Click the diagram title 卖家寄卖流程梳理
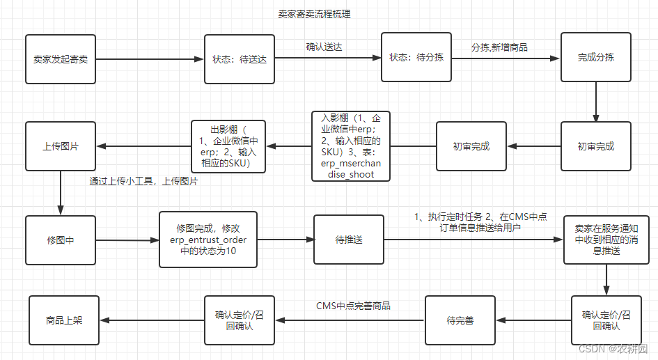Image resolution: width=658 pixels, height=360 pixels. pyautogui.click(x=313, y=14)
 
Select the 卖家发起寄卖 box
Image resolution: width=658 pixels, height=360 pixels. pyautogui.click(x=61, y=59)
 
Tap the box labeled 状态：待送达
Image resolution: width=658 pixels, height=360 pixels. pyautogui.click(x=240, y=59)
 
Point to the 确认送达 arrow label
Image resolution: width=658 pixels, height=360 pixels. pyautogui.click(x=324, y=47)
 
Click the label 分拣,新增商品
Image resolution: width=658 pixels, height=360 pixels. pyautogui.click(x=499, y=47)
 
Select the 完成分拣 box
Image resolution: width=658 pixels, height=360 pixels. pyautogui.click(x=595, y=57)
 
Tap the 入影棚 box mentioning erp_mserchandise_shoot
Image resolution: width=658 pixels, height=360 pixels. pyautogui.click(x=351, y=146)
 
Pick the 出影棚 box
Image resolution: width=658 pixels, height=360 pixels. pyautogui.click(x=228, y=146)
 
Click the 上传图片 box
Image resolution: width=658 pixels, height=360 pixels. pyautogui.click(x=61, y=146)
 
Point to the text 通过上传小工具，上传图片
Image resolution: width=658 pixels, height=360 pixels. pyautogui.click(x=143, y=181)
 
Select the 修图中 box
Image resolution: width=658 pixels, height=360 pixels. pyautogui.click(x=61, y=240)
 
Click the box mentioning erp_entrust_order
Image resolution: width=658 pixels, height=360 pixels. pyautogui.click(x=208, y=240)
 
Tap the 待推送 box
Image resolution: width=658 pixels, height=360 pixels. pyautogui.click(x=348, y=240)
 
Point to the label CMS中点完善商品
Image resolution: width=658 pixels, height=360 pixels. pyautogui.click(x=353, y=306)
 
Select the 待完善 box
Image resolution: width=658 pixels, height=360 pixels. pyautogui.click(x=460, y=320)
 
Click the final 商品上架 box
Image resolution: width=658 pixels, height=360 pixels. pyautogui.click(x=64, y=320)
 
